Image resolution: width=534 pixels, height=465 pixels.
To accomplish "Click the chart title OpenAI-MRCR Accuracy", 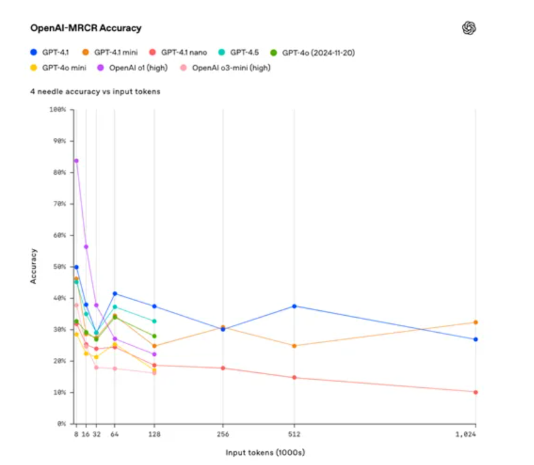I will [86, 28].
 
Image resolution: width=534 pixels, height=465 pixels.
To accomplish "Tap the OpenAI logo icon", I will [469, 28].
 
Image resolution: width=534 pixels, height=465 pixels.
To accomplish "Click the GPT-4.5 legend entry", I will [240, 53].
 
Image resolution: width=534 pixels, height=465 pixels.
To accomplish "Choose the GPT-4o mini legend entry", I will [59, 67].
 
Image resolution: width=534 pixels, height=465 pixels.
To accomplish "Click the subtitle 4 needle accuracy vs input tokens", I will [95, 91].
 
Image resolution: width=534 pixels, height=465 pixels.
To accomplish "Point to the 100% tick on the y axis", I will [58, 110].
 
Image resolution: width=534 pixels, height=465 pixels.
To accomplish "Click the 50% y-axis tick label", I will [59, 267].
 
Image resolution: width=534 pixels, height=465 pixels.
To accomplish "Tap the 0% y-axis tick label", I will [61, 424].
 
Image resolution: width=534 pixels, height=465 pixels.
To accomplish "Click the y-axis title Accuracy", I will [33, 266].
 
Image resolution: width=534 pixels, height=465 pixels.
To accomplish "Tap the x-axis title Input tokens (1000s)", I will [265, 452].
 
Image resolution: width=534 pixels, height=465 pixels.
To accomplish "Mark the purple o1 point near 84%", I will [77, 161].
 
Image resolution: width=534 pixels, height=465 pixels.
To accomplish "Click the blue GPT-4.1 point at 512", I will [294, 306].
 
